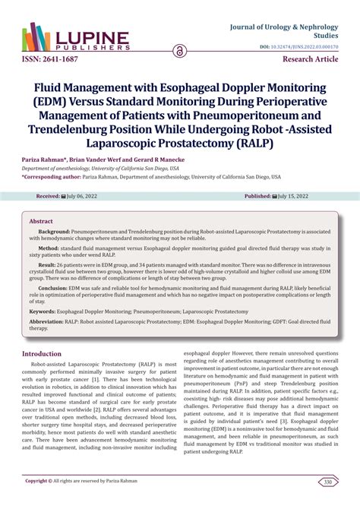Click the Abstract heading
click(41, 221)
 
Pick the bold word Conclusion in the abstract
click(55, 288)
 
